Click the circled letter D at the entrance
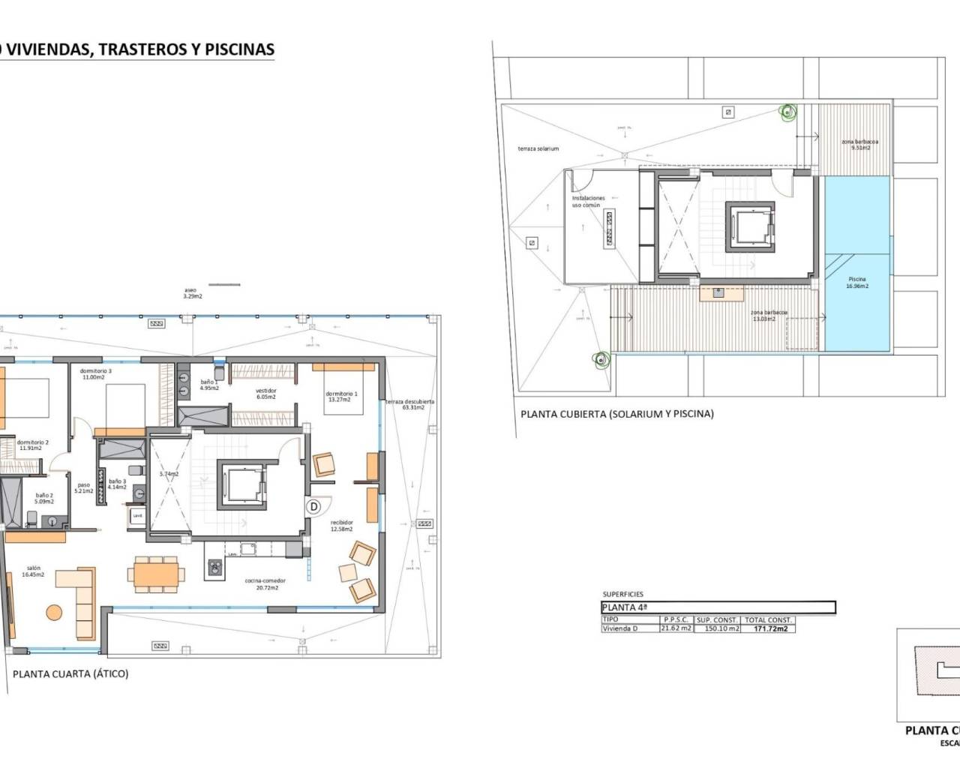point(314,507)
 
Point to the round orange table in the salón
point(55,612)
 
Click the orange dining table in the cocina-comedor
point(159,574)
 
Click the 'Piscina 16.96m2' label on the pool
point(857,283)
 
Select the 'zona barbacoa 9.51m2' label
point(859,145)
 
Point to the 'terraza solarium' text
point(538,149)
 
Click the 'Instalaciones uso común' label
point(588,202)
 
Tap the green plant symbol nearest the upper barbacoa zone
point(787,112)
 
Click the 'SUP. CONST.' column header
point(717,620)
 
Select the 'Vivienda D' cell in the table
point(620,628)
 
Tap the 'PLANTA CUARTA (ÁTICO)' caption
point(70,673)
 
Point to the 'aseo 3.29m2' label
point(193,293)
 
